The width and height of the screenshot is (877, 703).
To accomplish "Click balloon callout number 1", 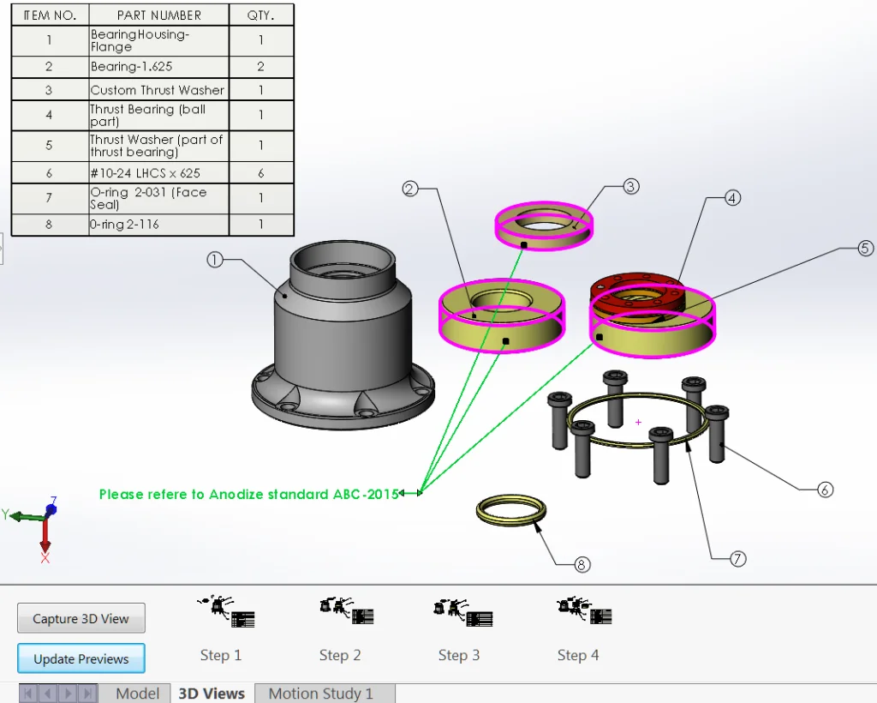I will click(215, 259).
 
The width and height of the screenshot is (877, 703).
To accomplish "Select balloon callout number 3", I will click(631, 186).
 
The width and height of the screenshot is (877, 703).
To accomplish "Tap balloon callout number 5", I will click(866, 249).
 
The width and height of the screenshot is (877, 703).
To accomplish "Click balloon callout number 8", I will click(582, 564).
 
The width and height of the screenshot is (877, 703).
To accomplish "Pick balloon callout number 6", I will click(825, 490).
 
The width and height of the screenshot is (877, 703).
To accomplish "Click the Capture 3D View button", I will click(81, 618).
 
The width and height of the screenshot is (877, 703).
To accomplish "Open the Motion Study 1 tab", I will click(320, 694).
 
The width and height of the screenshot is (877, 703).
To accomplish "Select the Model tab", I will click(137, 694).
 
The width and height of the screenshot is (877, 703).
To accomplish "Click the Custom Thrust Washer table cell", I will click(158, 90).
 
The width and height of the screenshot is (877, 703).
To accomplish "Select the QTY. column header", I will click(260, 15).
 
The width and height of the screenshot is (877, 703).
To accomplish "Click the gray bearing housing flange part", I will click(343, 343).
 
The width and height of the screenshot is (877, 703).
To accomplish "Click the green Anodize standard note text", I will click(248, 495).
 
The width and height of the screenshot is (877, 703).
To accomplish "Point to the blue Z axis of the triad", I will click(51, 507).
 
